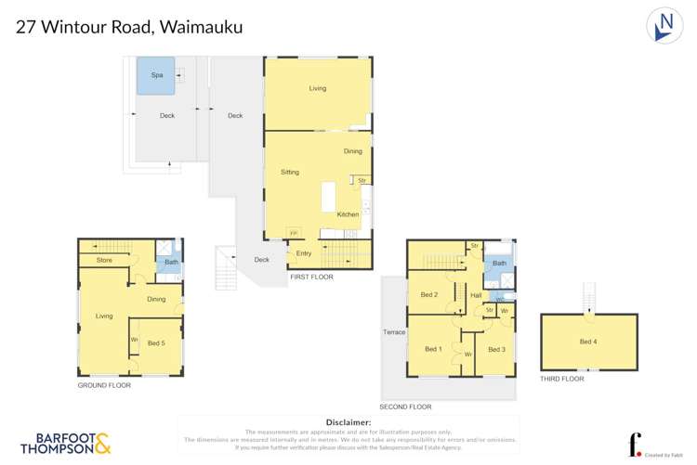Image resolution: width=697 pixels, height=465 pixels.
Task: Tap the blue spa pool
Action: pos(155,75)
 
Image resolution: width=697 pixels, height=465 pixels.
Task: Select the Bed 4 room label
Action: pos(587,342)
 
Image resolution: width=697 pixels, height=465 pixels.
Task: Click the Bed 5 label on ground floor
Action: pos(156,343)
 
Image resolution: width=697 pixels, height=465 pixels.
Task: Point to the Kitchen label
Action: pos(348,214)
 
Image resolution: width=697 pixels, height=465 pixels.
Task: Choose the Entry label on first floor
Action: pos(304,253)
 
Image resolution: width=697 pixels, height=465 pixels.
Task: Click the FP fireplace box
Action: pos(294,232)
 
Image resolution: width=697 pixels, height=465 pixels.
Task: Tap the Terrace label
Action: pos(394,331)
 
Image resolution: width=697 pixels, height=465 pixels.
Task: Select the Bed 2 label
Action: pos(428,295)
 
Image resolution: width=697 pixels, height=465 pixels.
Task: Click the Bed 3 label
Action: pos(496,349)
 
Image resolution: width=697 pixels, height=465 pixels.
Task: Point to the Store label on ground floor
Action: pos(104,261)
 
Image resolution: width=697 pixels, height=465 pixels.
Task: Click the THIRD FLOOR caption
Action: pos(561,379)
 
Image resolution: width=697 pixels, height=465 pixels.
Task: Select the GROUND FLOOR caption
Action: pos(104,384)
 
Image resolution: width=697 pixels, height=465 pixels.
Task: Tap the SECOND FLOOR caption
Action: pos(405,407)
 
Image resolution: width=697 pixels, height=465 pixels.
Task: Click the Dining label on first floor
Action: pos(353,151)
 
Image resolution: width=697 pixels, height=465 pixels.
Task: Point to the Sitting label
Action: pos(290,173)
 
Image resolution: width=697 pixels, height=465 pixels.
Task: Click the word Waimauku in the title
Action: pos(202,27)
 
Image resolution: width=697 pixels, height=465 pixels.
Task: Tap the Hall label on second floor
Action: pos(475,295)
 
